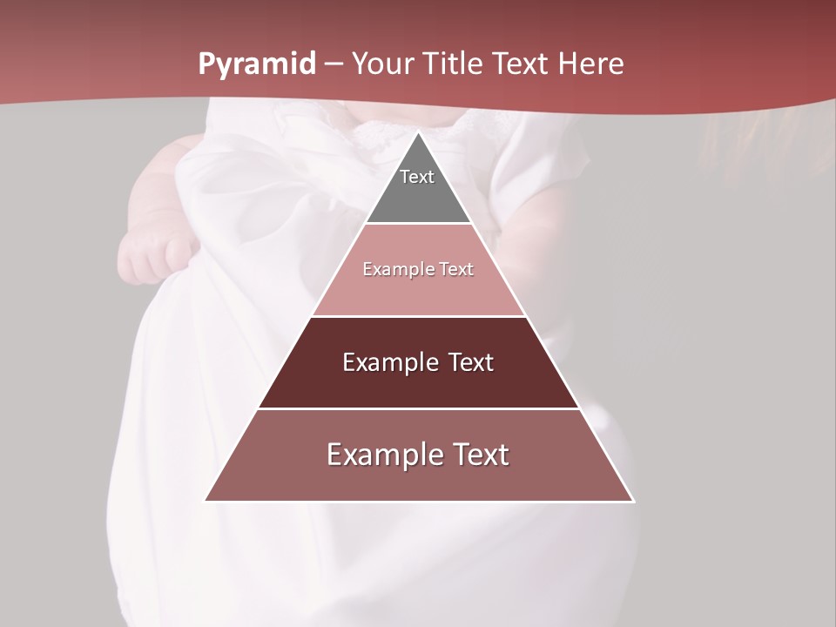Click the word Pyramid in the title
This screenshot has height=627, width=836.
click(256, 64)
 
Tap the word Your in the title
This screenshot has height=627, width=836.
click(381, 64)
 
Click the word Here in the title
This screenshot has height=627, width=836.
click(590, 64)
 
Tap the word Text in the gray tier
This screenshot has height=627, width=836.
click(417, 177)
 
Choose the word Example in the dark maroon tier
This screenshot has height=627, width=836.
click(389, 362)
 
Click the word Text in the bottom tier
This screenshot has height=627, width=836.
click(475, 455)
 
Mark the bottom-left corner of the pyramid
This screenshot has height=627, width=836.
click(206, 501)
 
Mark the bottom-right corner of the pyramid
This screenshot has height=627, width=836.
click(633, 501)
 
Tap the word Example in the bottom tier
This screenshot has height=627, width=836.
click(381, 455)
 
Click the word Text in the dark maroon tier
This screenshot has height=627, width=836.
click(471, 362)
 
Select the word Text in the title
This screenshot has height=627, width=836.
click(522, 64)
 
